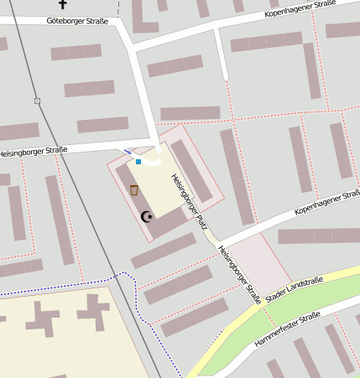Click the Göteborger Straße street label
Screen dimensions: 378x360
point(77,20)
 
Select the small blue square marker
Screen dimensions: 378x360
point(138,161)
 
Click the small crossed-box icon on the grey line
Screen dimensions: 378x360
point(37,101)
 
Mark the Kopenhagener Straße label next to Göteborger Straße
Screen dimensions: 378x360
point(300,9)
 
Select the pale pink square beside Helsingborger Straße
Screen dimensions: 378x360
point(260,260)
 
